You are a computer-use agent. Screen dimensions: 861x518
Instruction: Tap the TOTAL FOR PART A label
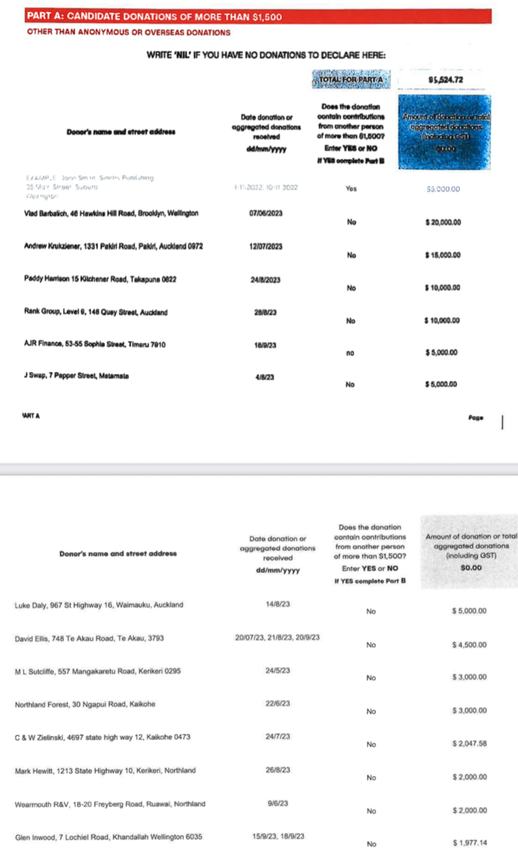352,82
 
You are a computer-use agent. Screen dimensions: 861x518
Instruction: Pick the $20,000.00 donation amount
443,223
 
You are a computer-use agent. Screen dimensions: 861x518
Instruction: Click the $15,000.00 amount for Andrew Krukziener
443,255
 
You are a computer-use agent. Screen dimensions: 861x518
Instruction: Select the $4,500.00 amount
469,645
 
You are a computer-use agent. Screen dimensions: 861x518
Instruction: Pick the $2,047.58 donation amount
469,744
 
